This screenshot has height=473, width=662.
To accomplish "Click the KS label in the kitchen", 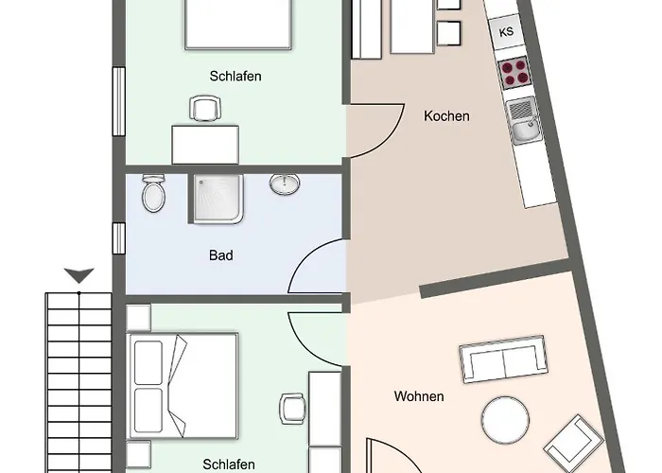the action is click(506, 32).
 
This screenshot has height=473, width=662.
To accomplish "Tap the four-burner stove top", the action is click(514, 73).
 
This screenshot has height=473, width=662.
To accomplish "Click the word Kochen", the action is click(446, 116).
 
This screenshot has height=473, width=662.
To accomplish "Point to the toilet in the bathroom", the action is click(153, 193).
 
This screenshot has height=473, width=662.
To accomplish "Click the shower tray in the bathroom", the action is click(218, 199).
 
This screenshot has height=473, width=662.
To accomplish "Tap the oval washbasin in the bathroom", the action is click(285, 184).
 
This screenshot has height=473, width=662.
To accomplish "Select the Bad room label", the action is click(220, 255).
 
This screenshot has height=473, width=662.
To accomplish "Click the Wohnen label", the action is click(419, 396).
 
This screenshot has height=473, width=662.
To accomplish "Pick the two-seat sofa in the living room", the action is click(503, 359).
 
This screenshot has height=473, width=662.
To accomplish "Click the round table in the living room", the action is click(505, 420).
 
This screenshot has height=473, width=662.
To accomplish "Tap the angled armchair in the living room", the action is click(574, 442).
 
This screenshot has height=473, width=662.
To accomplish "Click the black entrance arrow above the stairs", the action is click(78, 275).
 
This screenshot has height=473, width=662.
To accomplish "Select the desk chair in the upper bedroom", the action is click(205, 109).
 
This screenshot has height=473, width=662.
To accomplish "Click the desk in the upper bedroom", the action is click(205, 145).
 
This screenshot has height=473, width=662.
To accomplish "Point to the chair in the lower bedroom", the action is click(292, 409).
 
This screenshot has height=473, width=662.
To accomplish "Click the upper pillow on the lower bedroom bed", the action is click(148, 362).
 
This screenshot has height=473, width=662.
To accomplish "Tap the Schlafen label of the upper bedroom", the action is click(235, 76).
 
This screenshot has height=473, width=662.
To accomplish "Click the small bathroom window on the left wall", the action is click(119, 238).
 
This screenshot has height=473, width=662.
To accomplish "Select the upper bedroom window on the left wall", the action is click(119, 101).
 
